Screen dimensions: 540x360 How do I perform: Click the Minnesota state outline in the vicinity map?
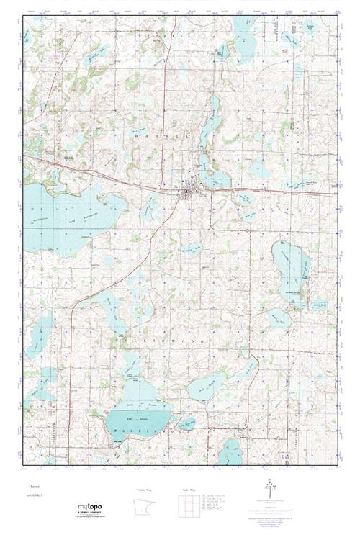(145, 507)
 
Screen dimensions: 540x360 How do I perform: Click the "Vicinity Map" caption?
(145, 489)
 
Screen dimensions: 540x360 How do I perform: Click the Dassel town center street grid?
(190, 191)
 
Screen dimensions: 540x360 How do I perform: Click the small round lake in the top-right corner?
(311, 30)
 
